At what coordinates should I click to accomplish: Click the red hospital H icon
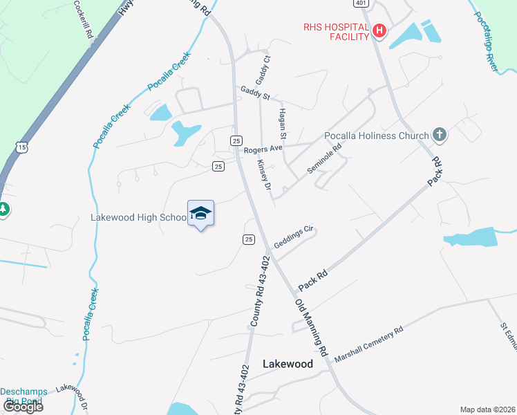379,30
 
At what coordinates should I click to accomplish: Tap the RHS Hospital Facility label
336,32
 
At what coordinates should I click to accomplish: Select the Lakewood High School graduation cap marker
200,213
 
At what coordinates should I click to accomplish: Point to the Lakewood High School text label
138,217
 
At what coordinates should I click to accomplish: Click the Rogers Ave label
263,149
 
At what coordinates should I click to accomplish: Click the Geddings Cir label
294,237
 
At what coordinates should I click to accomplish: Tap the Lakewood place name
288,364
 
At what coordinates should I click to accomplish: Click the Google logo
23,406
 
